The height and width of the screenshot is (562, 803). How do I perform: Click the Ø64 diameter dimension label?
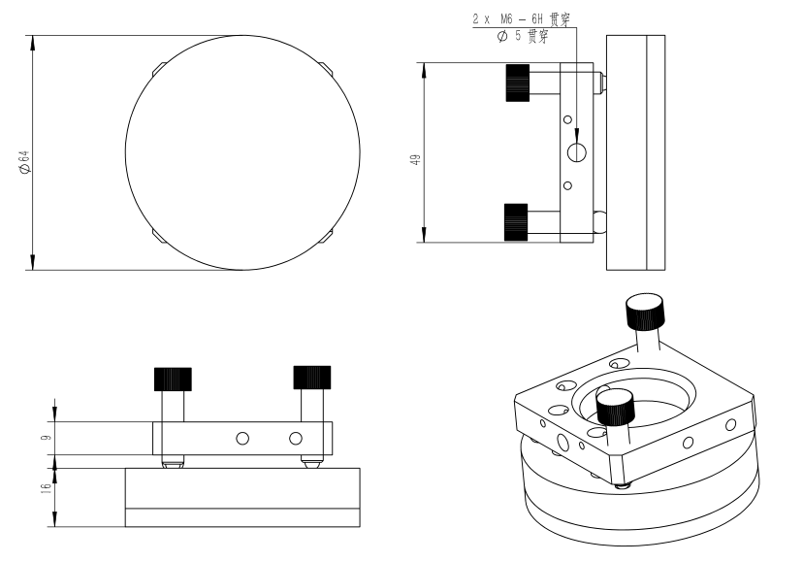24,162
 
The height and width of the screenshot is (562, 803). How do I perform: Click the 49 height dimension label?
416,159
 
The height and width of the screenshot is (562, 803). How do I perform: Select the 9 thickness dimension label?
47,438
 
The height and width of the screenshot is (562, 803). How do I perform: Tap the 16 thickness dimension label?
47,488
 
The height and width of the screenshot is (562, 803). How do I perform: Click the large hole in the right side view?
577,152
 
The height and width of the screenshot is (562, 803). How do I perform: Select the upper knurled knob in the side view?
517,83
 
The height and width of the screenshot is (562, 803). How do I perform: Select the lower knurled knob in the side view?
516,222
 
